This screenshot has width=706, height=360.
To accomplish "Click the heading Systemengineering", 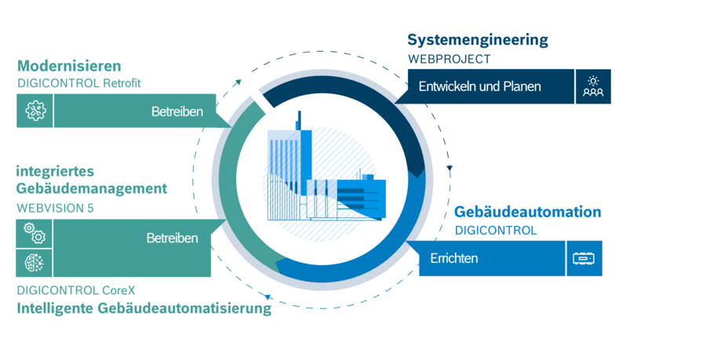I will coord(477,39).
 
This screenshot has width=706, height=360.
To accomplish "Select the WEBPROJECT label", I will coord(449,59).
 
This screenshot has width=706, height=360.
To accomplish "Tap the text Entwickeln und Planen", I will coord(479,86).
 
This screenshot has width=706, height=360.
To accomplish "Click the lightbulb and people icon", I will coord(593,86).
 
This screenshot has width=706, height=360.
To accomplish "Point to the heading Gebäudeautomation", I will coord(528,212).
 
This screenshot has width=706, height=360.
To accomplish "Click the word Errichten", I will coord(454,258).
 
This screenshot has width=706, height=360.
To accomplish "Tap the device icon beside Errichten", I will coord(584,258).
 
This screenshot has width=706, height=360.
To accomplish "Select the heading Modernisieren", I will coord(69,66).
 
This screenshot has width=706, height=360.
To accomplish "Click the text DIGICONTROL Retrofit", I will coord(78,83).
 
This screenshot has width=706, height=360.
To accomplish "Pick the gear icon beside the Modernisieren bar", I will coord(35,111).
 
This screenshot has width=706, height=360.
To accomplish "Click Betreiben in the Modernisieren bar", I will coord(177,111).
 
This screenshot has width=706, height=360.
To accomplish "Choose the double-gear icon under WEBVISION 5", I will coord(35,233).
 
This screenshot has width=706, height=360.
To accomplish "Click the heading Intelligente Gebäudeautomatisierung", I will coord(144,308).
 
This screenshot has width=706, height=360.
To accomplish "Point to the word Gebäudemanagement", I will coord(91,188).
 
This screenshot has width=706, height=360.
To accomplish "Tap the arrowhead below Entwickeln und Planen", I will coord(449,168).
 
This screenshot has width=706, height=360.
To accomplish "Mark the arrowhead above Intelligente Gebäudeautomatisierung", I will coord(268,296).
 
